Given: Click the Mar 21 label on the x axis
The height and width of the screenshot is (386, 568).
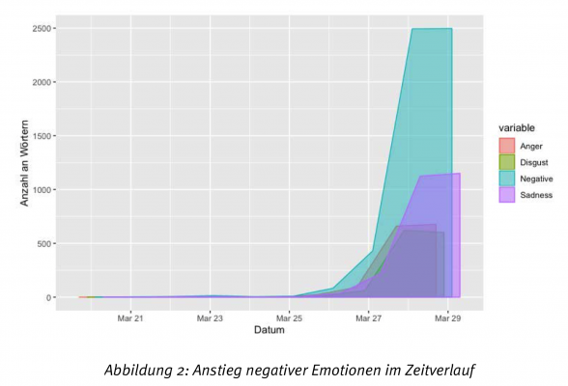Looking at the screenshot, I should [x=130, y=317].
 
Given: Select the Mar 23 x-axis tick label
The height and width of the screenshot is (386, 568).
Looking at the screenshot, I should [x=210, y=317].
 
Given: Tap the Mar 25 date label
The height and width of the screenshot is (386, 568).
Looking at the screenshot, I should [x=289, y=317].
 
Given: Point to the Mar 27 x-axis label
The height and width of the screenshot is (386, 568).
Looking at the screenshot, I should [x=368, y=317].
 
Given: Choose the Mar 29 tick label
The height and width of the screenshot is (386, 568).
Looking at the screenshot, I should [x=447, y=317].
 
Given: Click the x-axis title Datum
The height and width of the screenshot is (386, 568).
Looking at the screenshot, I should [x=269, y=330].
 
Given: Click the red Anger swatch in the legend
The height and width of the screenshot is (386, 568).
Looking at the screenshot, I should [x=506, y=146].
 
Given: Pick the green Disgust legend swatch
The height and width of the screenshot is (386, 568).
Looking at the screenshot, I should [x=506, y=162].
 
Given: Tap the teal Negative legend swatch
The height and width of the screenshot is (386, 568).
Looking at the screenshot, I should [x=506, y=179].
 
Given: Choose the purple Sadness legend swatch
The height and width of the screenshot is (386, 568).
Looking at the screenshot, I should [x=506, y=195].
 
